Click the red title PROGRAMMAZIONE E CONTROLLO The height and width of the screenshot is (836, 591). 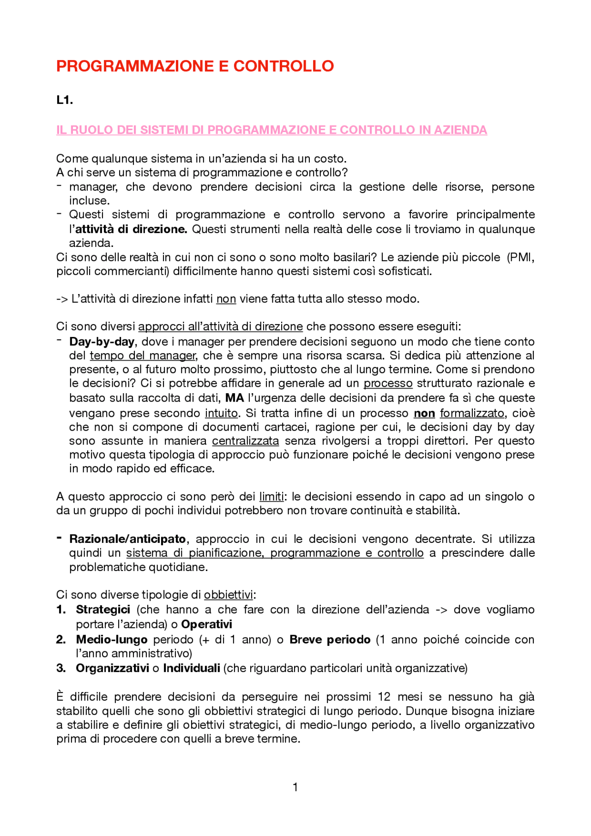point(194,66)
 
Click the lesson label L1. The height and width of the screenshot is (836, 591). point(64,100)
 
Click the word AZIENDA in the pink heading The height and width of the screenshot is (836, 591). point(459,130)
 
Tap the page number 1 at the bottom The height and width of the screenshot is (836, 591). point(295,787)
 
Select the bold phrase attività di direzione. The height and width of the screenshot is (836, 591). point(131,229)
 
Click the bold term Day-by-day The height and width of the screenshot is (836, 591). point(102,342)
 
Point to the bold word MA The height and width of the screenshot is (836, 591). point(234,398)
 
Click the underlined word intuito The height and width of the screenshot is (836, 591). point(222,413)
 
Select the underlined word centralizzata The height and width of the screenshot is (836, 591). point(245,441)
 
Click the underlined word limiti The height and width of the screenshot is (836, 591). point(271,497)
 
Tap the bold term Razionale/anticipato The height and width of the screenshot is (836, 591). point(127,539)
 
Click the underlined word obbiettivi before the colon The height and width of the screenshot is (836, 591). point(228,595)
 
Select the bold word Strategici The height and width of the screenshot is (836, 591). point(103,610)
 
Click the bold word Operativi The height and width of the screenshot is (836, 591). point(206,625)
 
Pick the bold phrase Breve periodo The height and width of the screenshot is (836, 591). point(330,640)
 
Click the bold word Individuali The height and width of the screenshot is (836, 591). point(192,668)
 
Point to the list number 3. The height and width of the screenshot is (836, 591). point(60,668)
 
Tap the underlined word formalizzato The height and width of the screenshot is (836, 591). point(471,413)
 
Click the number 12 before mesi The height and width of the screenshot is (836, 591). point(384,697)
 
